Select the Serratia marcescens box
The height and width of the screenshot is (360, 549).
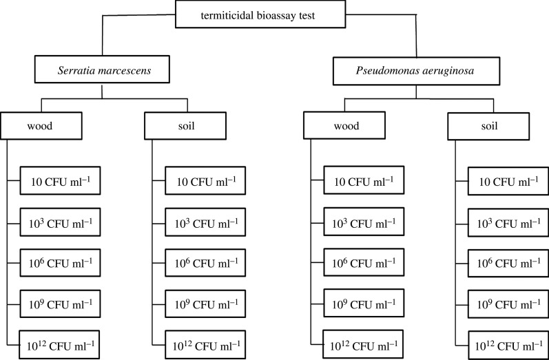tap(101, 70)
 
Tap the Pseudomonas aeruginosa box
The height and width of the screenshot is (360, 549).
tap(415, 70)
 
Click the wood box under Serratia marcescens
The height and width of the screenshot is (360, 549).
tap(42, 127)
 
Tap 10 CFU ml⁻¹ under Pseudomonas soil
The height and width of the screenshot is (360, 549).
tap(508, 182)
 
